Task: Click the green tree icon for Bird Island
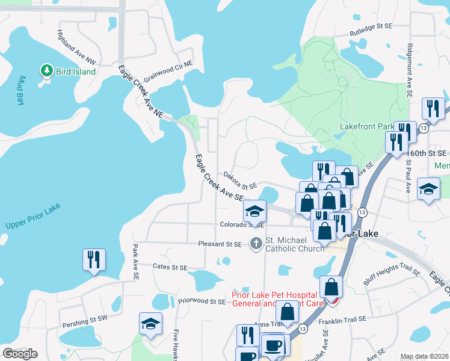coord(46,72)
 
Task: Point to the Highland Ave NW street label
coord(76,48)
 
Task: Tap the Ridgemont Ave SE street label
coord(409,70)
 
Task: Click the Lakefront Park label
coord(366,127)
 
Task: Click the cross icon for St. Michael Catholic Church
coord(256,244)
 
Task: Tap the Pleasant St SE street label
coord(220,244)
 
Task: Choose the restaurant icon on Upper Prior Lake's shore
coord(94,260)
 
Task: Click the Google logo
coord(20,354)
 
